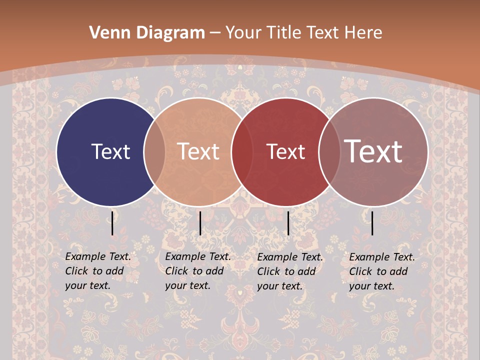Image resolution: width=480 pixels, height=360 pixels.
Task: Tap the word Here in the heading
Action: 363,33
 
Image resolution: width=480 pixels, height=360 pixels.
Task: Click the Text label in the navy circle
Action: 110,151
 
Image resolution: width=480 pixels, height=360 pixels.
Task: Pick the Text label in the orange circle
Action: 198,151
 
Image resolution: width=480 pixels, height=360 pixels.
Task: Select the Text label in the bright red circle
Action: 285,151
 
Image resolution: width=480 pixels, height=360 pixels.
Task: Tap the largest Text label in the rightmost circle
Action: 373,151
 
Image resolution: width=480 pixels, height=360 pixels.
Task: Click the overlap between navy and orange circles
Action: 154,151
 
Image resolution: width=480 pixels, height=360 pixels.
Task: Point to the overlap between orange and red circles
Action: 242,151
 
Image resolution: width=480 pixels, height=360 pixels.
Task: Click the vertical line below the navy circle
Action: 112,223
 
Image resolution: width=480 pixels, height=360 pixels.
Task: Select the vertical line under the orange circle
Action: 200,223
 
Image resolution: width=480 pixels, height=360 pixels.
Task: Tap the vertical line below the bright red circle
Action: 288,223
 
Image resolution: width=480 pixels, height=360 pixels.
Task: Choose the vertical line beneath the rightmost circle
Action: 372,223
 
